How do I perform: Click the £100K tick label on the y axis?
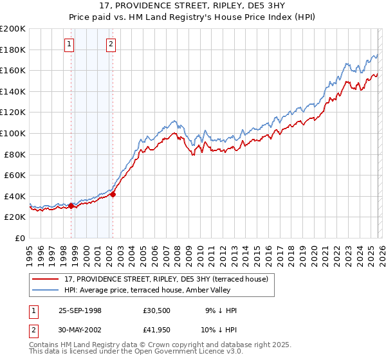(x=13, y=133)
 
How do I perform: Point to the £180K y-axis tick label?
(x=13, y=50)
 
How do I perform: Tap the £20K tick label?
(x=15, y=217)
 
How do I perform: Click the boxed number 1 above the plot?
(x=69, y=44)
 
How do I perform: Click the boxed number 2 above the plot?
(x=111, y=44)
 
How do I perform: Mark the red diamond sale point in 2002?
(x=113, y=194)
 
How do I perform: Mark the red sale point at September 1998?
(x=71, y=206)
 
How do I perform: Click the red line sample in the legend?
(x=46, y=278)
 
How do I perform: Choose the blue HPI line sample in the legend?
(x=46, y=290)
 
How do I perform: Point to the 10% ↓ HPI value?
(x=219, y=331)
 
